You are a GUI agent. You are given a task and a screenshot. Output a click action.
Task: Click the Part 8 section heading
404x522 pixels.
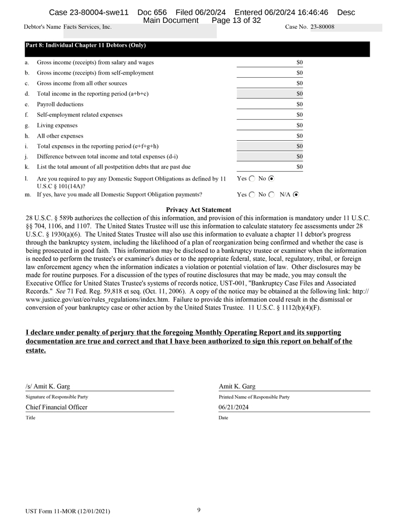pos(85,46)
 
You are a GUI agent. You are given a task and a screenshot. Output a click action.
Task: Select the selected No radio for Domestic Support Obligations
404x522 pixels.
pos(272,178)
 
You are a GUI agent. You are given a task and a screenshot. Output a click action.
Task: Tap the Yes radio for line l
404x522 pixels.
pos(252,178)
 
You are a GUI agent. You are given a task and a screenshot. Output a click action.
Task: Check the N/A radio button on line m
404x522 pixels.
pos(296,194)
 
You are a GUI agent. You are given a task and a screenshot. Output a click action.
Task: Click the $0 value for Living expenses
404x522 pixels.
pos(299,125)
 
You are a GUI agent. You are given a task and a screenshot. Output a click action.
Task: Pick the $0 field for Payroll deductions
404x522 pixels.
pos(299,104)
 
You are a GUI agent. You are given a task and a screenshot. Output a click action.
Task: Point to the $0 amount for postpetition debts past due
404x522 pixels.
pos(299,167)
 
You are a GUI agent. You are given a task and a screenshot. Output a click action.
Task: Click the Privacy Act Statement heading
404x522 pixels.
pos(198,210)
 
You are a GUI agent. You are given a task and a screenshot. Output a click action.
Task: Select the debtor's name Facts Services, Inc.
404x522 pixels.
pos(87,27)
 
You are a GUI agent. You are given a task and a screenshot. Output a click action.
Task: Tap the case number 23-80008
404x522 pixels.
pos(322,27)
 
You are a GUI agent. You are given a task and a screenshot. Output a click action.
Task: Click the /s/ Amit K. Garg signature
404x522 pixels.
pos(48,387)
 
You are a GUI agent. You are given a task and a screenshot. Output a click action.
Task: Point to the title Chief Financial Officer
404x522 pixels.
pos(57,407)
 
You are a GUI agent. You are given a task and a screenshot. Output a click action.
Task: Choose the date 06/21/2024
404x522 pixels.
pos(234,407)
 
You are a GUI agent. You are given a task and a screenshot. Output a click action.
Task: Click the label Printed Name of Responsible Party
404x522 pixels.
pos(254,397)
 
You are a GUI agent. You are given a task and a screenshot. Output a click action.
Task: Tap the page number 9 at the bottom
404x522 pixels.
pos(199,510)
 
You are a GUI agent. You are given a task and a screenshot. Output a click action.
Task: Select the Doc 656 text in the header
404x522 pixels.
pos(152,12)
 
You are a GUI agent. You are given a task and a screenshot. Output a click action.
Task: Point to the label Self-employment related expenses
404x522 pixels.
pos(79,115)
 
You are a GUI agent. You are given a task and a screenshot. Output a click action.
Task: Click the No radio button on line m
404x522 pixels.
pos(272,194)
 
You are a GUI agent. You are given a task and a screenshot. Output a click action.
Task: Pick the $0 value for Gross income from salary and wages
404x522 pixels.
pos(299,63)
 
